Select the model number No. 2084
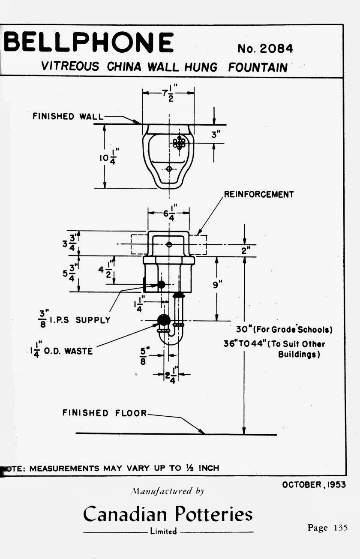(265, 49)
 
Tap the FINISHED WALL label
(68, 116)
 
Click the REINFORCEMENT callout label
(259, 194)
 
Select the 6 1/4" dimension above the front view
(169, 212)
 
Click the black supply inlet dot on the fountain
(161, 284)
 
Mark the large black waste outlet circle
(164, 320)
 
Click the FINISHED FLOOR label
(104, 413)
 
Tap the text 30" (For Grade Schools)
(284, 330)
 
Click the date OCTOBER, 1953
(314, 485)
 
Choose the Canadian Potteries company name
(168, 514)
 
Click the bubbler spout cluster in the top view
(179, 143)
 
